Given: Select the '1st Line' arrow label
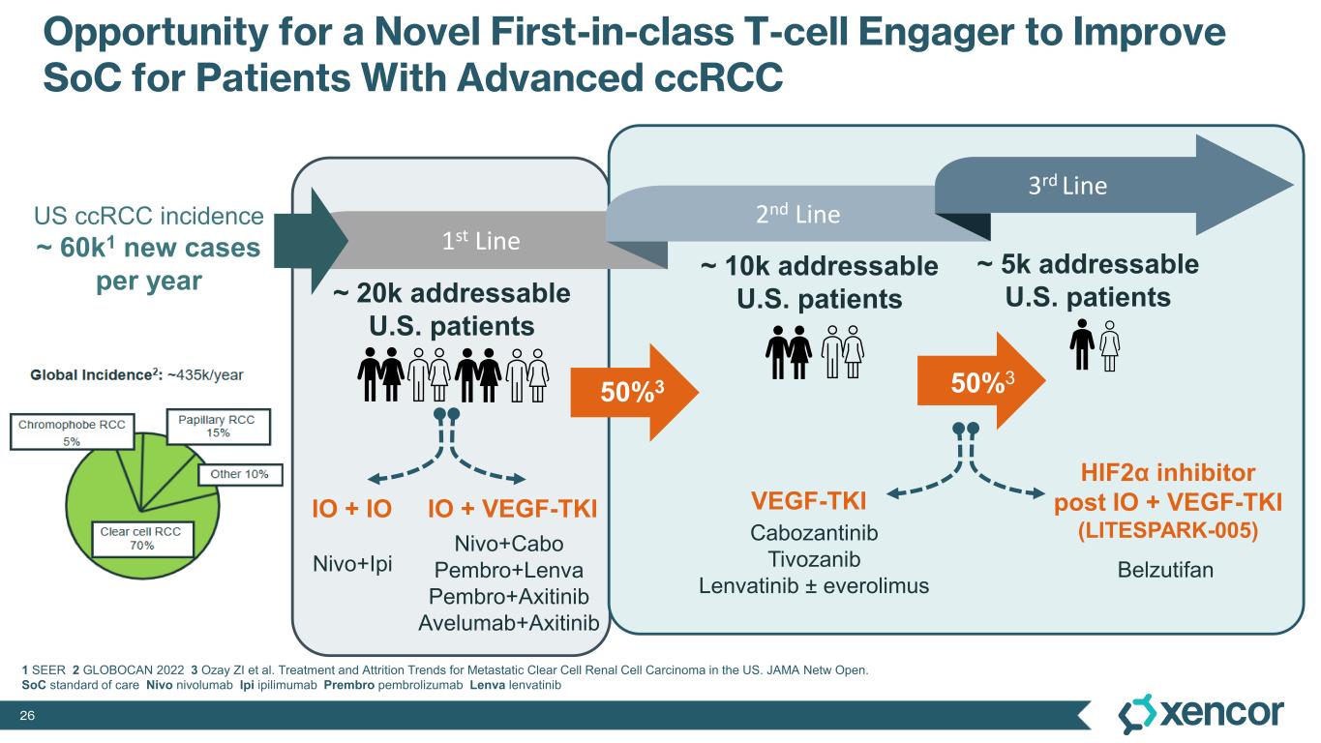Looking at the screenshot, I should (x=489, y=241).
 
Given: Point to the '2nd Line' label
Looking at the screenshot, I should (x=797, y=214).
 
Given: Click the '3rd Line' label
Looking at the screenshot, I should (x=1067, y=185).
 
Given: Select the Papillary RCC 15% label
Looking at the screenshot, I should (x=218, y=426).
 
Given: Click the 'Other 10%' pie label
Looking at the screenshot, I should (x=240, y=474).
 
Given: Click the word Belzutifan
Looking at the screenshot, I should (x=1165, y=569).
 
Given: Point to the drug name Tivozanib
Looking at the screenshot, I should (x=813, y=559).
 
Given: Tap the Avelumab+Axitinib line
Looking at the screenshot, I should (x=509, y=621).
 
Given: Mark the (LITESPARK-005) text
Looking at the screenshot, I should (x=1167, y=531).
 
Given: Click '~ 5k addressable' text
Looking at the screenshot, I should (x=1088, y=265).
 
